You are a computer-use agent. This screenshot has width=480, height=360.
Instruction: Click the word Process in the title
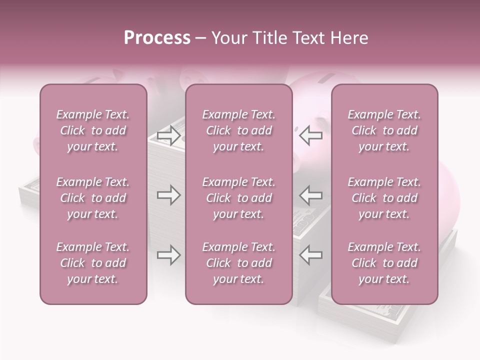tap(157, 38)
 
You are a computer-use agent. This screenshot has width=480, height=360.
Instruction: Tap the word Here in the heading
tap(348, 38)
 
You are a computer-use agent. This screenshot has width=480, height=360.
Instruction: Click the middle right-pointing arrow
tap(168, 195)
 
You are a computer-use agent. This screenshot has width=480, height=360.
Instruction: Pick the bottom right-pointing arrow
tap(168, 255)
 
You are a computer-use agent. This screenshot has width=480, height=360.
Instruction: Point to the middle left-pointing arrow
tap(310, 195)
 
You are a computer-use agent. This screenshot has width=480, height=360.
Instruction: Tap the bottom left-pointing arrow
tap(310, 255)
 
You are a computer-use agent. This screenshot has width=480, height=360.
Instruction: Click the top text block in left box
tap(93, 130)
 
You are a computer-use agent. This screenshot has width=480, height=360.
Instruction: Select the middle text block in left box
tap(93, 198)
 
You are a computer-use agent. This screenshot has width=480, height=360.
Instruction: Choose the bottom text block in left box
tap(93, 263)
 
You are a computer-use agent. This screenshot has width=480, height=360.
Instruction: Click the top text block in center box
tap(238, 130)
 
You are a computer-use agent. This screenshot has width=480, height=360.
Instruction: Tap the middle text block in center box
tap(238, 198)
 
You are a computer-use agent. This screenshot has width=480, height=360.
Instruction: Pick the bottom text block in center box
tap(238, 263)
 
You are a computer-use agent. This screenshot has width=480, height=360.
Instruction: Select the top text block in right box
tap(384, 130)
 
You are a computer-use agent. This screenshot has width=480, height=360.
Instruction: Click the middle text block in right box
tap(384, 198)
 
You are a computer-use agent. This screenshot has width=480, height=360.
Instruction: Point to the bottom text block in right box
tap(384, 263)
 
